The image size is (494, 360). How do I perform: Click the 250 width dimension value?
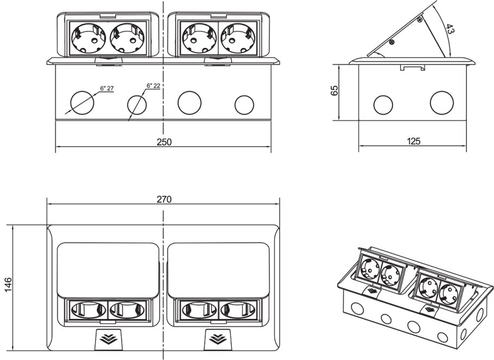coord(164,142)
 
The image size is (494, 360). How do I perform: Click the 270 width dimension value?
coord(164,199)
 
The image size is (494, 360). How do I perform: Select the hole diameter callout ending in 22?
coord(153,86)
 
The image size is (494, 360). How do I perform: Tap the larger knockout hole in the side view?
coord(441,103)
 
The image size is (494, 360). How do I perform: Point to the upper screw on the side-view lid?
coord(419,20)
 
